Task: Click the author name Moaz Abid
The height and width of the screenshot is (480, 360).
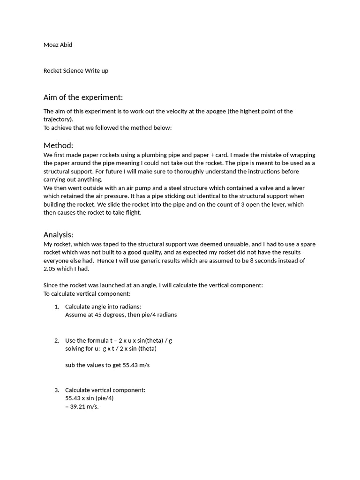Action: (x=58, y=45)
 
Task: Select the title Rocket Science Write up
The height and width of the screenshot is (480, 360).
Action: (x=76, y=71)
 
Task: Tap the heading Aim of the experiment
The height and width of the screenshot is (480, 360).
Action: (x=83, y=97)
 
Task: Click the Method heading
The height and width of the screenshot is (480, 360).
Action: (x=58, y=145)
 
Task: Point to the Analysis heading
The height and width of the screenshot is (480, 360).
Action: (x=58, y=234)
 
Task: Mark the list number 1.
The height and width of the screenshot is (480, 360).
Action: (x=57, y=307)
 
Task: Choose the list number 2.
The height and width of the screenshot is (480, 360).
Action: (x=57, y=340)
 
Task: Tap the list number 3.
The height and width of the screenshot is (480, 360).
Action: (x=57, y=390)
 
